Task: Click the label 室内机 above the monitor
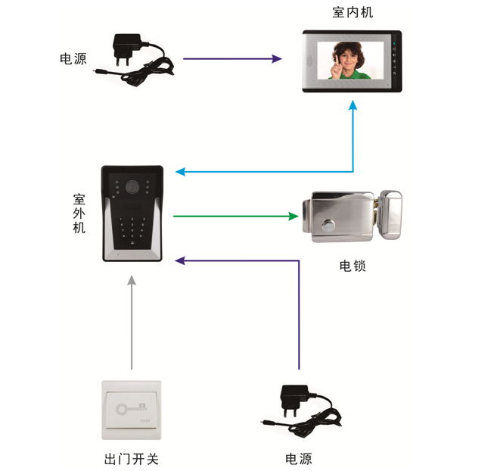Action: pyautogui.click(x=352, y=13)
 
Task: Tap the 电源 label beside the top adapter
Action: pyautogui.click(x=73, y=58)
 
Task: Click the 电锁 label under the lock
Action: pyautogui.click(x=353, y=266)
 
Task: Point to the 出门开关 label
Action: pyautogui.click(x=131, y=459)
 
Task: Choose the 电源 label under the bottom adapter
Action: pyautogui.click(x=298, y=459)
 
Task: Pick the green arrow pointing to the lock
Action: pyautogui.click(x=235, y=217)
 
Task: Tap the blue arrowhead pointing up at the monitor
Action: pyautogui.click(x=353, y=108)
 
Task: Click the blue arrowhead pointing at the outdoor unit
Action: pyautogui.click(x=180, y=171)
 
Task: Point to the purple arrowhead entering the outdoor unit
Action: pyautogui.click(x=179, y=260)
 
